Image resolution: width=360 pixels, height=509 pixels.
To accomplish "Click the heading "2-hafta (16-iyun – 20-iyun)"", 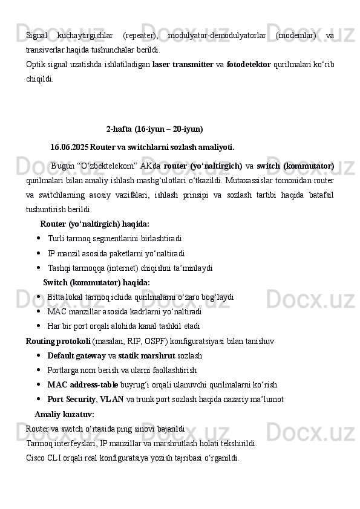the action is point(154,129).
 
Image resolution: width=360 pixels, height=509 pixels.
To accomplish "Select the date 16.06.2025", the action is point(69,147).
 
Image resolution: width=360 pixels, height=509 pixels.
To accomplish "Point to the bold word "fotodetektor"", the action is point(248,63).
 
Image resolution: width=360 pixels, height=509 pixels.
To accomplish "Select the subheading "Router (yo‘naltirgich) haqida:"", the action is point(95,224).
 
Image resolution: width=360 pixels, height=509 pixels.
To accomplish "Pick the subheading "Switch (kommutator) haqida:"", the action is point(97,282).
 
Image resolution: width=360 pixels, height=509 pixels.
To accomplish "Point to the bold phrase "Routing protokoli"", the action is point(58,340).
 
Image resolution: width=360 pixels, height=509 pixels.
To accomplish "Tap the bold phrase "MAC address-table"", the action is point(82,384).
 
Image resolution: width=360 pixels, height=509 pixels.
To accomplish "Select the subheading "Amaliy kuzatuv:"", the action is point(64,414).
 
